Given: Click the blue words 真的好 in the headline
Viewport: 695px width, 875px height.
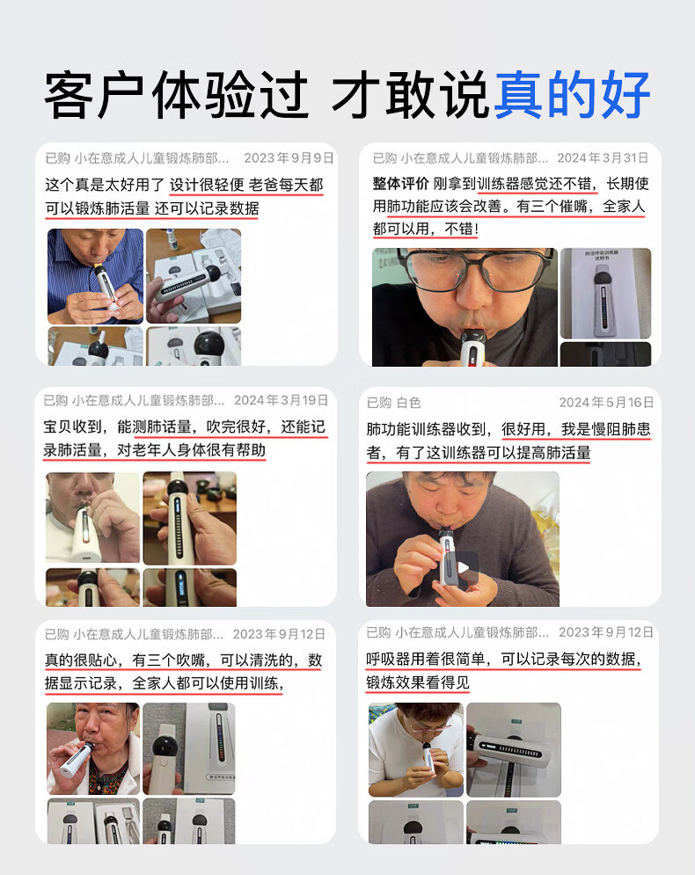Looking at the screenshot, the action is (572, 94).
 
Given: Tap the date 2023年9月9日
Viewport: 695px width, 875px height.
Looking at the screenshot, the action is (289, 158).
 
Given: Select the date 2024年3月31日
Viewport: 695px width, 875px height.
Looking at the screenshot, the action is (603, 158).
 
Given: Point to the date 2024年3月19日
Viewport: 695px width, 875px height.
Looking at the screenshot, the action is (281, 400).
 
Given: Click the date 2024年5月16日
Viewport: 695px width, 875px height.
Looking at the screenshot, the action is (606, 403).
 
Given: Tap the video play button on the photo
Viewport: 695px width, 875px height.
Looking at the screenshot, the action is (463, 567).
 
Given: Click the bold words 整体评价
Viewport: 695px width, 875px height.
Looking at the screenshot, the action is (400, 184).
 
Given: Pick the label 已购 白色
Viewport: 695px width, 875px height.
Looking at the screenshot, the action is (393, 403).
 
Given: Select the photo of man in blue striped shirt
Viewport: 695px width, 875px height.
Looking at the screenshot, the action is (95, 276).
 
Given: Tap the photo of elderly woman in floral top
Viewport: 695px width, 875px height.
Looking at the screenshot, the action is (92, 748).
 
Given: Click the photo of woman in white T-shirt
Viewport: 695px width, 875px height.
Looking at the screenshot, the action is (416, 749).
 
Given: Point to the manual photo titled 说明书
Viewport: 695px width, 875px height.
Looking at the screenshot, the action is (605, 293).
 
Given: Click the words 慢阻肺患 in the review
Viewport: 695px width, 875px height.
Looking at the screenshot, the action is (621, 429).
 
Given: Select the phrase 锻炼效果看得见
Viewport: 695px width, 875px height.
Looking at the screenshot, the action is (418, 682).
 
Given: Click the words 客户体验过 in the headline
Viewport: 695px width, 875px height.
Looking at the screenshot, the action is (176, 94).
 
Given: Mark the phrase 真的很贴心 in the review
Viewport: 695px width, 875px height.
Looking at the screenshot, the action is (81, 660).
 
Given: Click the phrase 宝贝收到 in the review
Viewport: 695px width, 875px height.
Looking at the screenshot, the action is (72, 427).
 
